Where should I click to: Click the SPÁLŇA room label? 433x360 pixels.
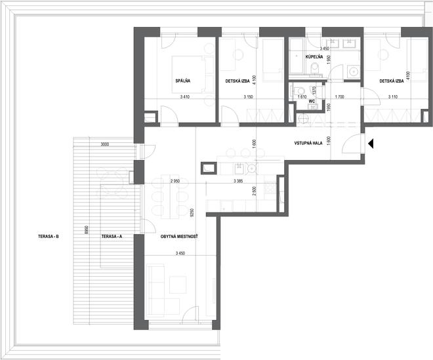pos(183,81)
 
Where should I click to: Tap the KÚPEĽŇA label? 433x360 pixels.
pos(314,57)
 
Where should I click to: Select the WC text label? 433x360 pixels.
pos(312,102)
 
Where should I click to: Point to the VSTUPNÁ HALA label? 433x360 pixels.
pos(308,143)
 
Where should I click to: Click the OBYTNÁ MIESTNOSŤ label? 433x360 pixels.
pos(179,237)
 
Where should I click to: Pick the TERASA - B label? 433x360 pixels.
pos(49,237)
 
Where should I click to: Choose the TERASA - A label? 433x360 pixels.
pos(112,237)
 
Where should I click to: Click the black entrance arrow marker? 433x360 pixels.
pos(371,144)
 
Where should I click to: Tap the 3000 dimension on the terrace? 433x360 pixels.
pos(105,144)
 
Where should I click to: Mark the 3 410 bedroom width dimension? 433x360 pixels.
pos(185,97)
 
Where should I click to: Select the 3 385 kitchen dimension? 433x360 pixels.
pos(238,181)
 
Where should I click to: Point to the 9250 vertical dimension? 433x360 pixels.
pos(192,213)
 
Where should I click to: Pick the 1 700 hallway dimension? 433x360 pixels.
pos(339,97)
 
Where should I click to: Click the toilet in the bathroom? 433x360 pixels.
pos(314,68)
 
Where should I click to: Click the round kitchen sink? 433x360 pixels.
pos(252,168)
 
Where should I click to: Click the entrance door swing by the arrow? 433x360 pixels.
pos(351,144)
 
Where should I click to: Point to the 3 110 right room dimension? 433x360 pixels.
pos(393,97)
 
